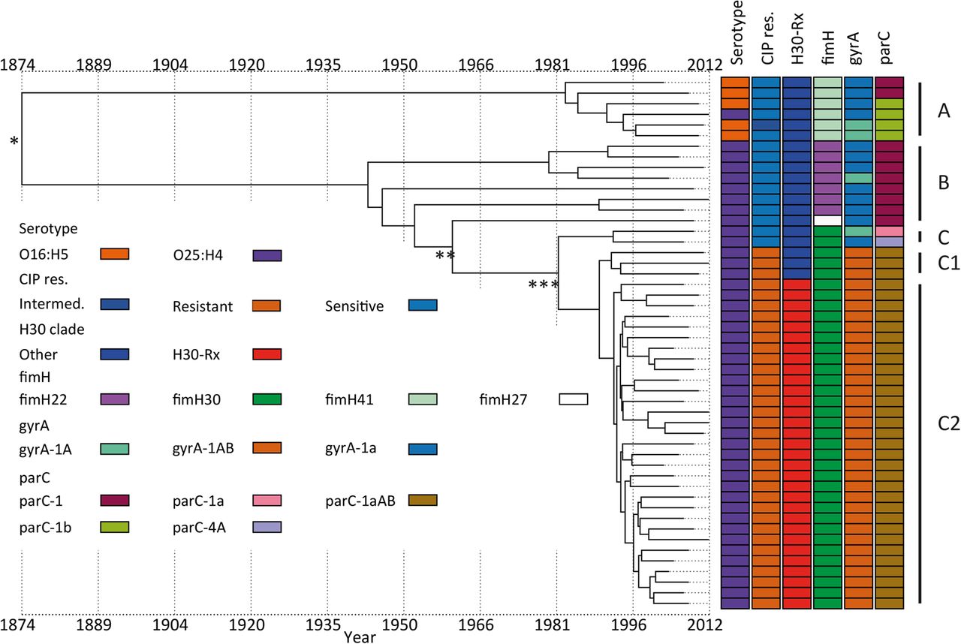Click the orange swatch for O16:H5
point(116,256)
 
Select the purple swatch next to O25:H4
point(267,256)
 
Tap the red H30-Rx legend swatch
point(267,354)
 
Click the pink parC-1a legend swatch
point(267,500)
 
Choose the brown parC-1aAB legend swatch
point(423,500)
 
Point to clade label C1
point(943,263)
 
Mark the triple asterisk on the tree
point(544,286)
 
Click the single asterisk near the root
point(14,142)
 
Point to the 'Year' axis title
point(360,636)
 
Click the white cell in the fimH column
point(827,220)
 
